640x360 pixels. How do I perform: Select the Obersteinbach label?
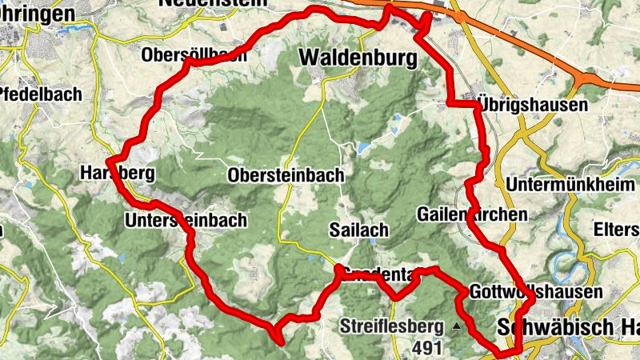coord(286,175)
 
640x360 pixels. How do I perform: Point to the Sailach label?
coord(358,230)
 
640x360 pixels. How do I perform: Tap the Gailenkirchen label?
coord(473,214)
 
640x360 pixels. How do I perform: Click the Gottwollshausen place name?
coord(535,292)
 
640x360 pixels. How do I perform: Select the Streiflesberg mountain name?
coord(392,326)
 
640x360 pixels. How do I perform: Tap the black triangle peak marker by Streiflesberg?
coord(457,326)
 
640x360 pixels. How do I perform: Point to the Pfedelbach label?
coord(41,94)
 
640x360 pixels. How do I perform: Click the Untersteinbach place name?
coord(186,220)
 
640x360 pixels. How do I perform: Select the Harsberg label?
coord(117,173)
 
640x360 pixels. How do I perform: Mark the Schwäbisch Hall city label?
coord(568,327)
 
